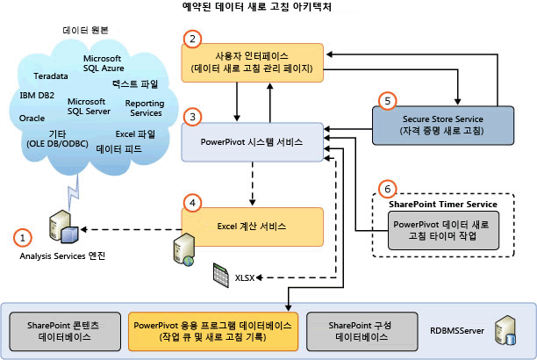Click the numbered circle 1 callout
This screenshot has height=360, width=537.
24,236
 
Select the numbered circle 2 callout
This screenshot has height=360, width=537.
192,38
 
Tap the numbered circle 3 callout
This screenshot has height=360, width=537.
192,116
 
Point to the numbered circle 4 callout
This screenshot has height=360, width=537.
192,201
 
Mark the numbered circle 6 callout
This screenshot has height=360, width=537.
385,188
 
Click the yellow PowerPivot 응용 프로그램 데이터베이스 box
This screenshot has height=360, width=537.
213,330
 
